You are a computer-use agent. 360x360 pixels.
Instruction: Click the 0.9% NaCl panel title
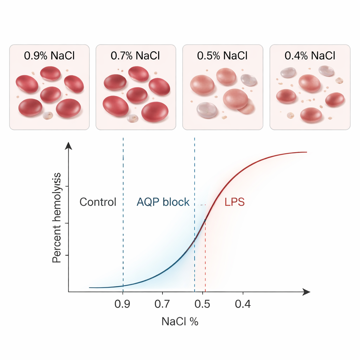[x=49, y=55]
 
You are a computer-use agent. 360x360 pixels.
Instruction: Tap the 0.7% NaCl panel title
[x=136, y=55]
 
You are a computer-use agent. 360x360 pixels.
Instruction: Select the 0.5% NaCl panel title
[x=223, y=55]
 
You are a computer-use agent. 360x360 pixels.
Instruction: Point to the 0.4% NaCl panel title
[x=310, y=55]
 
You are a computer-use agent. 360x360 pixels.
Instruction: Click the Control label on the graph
[x=98, y=202]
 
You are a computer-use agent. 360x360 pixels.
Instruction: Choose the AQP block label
[x=163, y=202]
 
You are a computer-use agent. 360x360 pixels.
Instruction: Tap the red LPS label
[x=234, y=202]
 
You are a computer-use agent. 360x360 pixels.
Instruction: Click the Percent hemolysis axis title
[x=57, y=218]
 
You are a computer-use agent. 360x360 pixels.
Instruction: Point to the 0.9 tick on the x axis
[x=123, y=304]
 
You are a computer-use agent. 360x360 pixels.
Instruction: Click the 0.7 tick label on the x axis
[x=162, y=304]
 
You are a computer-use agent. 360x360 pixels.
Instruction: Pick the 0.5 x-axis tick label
[x=203, y=304]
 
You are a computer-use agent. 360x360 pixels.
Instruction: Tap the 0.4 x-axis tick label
[x=243, y=304]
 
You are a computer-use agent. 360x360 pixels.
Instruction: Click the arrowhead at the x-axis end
[x=307, y=292]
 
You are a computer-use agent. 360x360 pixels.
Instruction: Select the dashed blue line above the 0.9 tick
[x=123, y=211]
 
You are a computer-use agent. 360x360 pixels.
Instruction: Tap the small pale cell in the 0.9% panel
[x=47, y=115]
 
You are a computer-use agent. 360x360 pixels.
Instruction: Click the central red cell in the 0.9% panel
[x=50, y=94]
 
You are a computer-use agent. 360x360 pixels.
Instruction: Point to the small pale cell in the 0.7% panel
[x=133, y=118]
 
